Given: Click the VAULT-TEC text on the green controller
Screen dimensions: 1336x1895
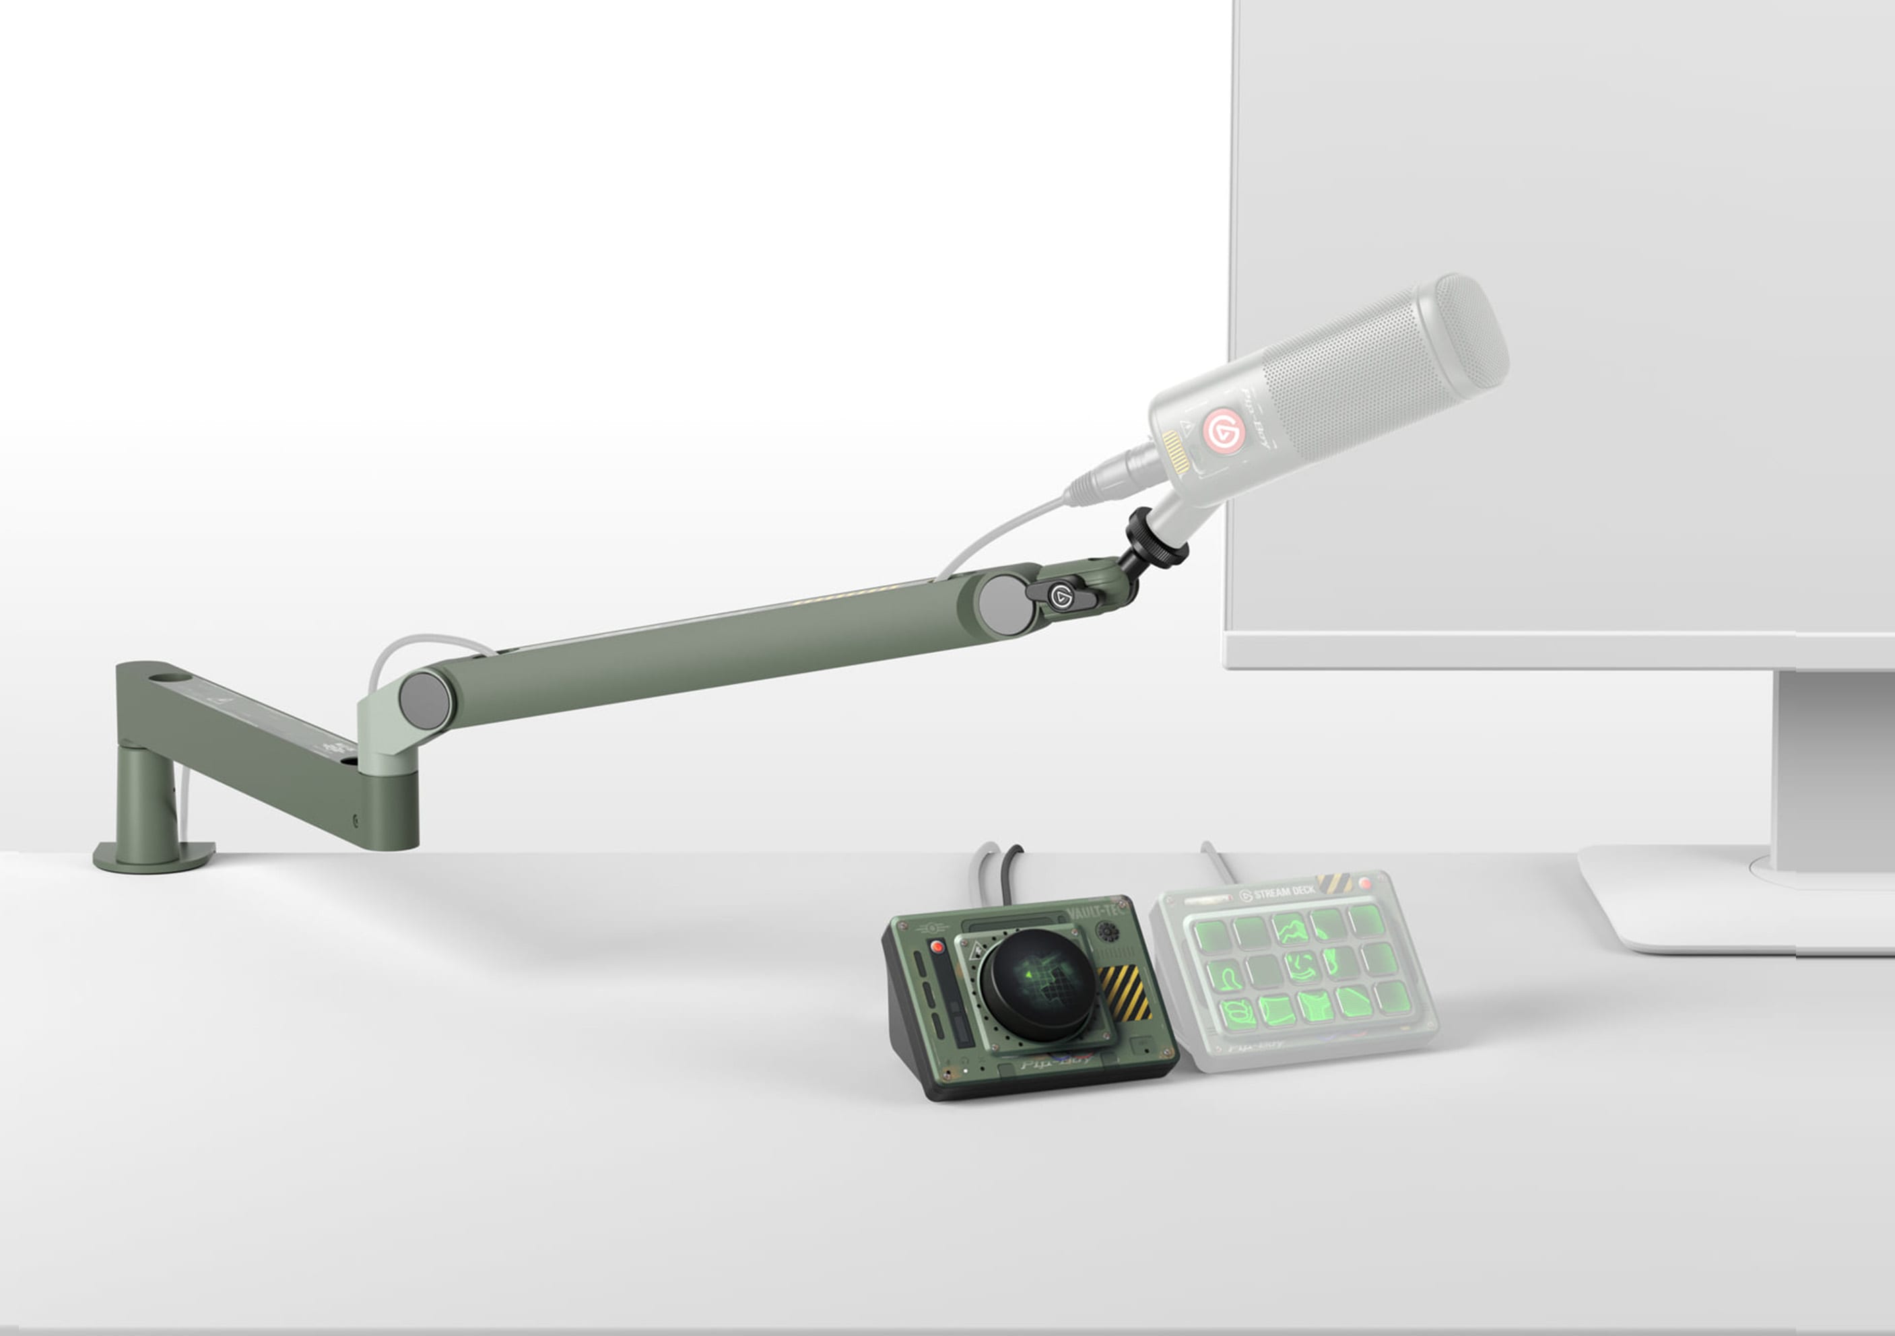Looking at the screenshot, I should tap(1094, 911).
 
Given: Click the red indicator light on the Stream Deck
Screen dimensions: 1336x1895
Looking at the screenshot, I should tap(1364, 883).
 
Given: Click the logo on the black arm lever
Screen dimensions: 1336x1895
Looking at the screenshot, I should tap(1061, 597).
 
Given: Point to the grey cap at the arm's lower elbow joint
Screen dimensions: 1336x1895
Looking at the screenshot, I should tap(424, 699).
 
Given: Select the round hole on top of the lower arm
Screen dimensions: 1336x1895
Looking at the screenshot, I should tap(169, 677).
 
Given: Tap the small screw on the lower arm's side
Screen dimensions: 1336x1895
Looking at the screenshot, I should tap(356, 820).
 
